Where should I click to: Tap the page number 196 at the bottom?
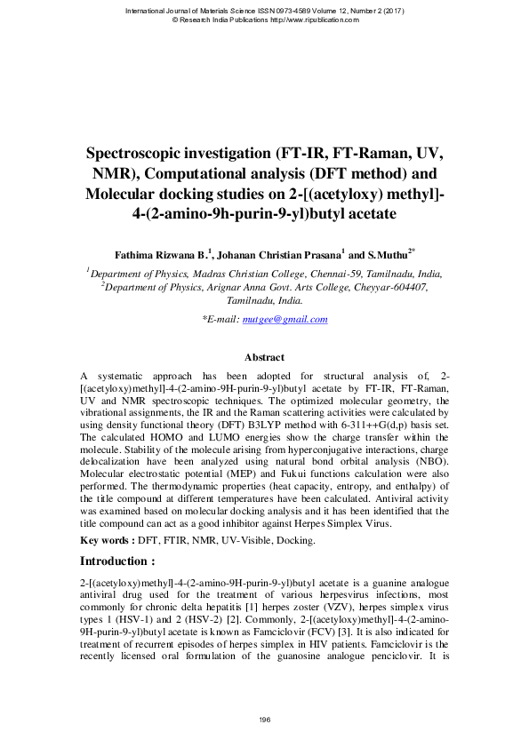pyautogui.click(x=264, y=719)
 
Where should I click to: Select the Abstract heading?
pyautogui.click(x=264, y=357)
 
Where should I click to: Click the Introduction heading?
pyautogui.click(x=117, y=561)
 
